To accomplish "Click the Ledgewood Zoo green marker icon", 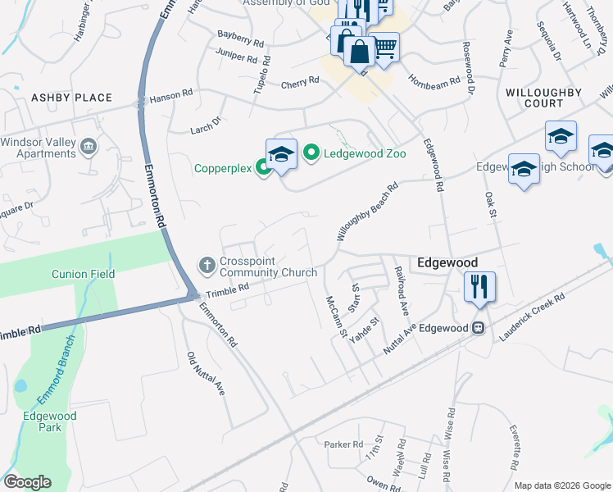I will (x=311, y=153).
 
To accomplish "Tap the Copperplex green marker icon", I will (x=263, y=169).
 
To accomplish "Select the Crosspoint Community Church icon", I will (x=206, y=265).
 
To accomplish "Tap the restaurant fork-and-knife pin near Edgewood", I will (x=478, y=287).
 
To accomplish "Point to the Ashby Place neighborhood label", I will (x=71, y=98).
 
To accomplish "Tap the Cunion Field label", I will (x=84, y=274).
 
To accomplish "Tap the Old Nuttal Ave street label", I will (x=206, y=374).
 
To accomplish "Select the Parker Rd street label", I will (x=343, y=444).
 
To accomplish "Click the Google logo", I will (x=27, y=482).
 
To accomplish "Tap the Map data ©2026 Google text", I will (x=561, y=485).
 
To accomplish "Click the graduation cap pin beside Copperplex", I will (x=281, y=154).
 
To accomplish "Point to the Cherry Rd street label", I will (x=300, y=83).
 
